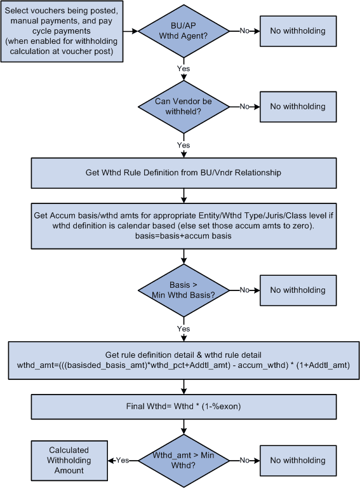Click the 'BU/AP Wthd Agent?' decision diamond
tap(183, 31)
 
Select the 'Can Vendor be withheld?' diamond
tap(183, 107)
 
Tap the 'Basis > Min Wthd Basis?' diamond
tap(183, 290)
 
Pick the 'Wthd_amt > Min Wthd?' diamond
tap(183, 461)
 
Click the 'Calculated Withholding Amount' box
tap(69, 461)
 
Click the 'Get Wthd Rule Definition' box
tap(183, 173)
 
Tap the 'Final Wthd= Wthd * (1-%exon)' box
tap(183, 405)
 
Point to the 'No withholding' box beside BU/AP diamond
tap(298, 31)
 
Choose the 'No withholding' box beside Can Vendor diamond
tap(298, 107)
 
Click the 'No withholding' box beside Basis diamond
tap(298, 290)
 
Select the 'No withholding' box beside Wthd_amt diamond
tap(298, 461)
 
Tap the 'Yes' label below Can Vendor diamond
tap(183, 145)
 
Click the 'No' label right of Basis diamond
tap(244, 290)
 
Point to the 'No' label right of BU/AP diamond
tap(244, 30)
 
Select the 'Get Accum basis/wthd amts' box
tap(183, 225)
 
